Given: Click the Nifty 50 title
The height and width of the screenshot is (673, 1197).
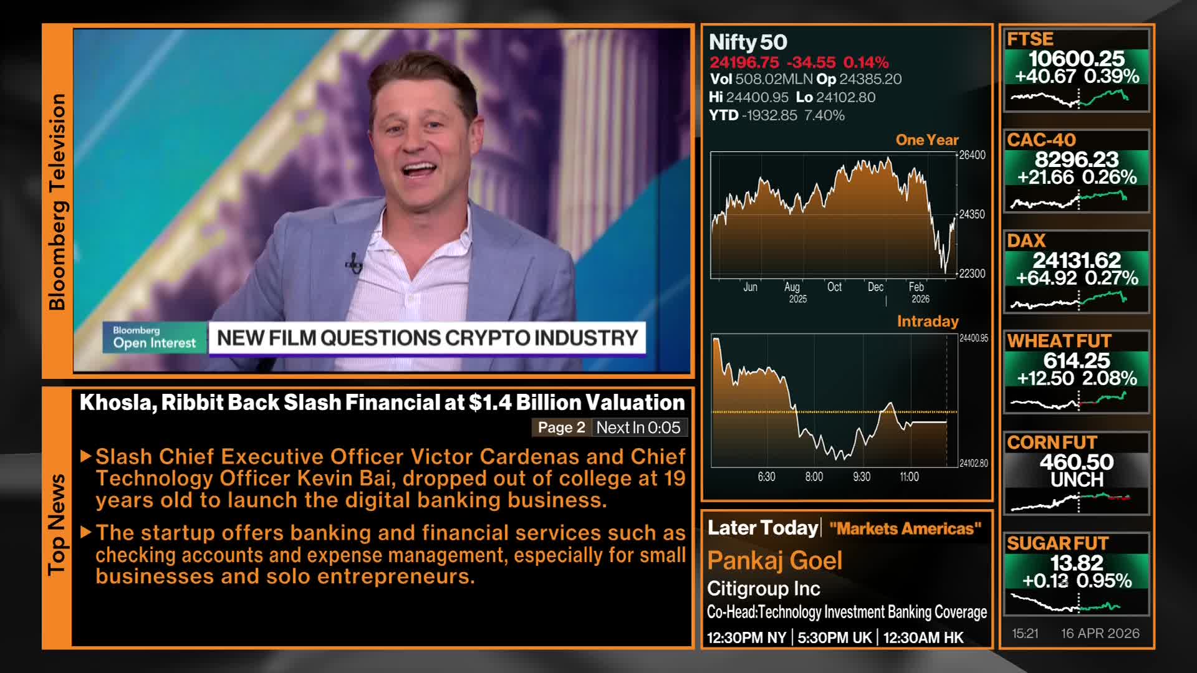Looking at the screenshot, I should tap(748, 42).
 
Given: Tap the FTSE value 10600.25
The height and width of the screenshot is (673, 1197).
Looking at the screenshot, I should tap(1076, 59).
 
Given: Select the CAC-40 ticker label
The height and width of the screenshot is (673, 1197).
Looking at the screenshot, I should tap(1041, 140).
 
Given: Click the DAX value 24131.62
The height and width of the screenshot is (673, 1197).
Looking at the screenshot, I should tap(1077, 260).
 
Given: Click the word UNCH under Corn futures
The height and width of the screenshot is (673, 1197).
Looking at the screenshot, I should tap(1077, 480).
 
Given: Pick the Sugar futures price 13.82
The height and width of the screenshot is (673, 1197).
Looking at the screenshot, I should tap(1077, 563).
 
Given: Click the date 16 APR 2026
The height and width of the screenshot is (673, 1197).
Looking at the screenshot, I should tap(1100, 633).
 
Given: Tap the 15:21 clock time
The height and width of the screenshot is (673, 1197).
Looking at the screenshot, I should tap(1025, 633).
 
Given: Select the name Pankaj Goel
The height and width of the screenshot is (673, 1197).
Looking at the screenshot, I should tap(774, 560).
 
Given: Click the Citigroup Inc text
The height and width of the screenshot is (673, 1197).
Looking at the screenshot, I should tap(763, 588).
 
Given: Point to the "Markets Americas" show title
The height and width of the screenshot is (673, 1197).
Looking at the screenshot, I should tap(905, 528).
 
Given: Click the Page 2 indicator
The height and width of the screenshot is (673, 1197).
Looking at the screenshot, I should tap(561, 427).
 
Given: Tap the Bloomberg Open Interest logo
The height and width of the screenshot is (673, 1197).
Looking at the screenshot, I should tap(154, 337).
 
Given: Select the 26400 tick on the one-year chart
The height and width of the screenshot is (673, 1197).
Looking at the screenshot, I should tap(972, 155).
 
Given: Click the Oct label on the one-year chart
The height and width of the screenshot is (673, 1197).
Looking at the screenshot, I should tap(834, 287).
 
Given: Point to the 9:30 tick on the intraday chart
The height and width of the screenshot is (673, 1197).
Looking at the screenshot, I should tap(861, 477).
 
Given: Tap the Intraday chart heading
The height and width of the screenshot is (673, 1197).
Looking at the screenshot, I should tap(927, 321).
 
